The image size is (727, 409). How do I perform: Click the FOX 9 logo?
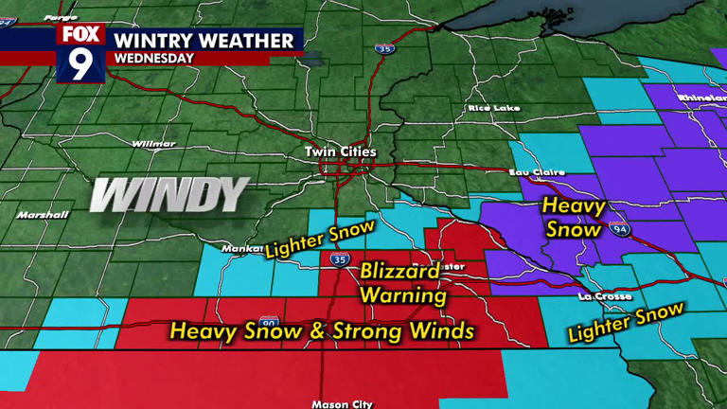(80, 52)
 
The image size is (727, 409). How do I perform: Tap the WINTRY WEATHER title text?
(204, 40)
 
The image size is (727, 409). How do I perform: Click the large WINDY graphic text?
(170, 195)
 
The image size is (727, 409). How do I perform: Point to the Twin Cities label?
(340, 151)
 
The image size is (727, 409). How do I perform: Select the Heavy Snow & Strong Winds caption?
(321, 330)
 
